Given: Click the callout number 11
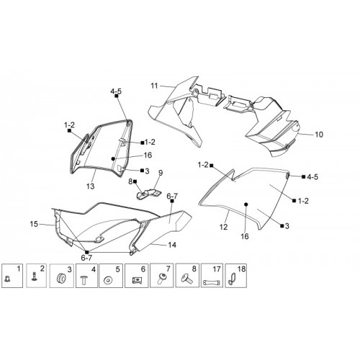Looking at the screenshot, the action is pyautogui.click(x=154, y=86).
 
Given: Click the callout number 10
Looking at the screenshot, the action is pyautogui.click(x=319, y=135).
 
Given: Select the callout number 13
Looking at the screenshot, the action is pyautogui.click(x=90, y=186).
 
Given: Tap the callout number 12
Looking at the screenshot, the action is pyautogui.click(x=223, y=227).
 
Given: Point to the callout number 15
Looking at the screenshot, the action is pyautogui.click(x=34, y=224).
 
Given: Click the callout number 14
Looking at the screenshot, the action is pyautogui.click(x=172, y=245).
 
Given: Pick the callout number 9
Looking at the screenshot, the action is pyautogui.click(x=161, y=173).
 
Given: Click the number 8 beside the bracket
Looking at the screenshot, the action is pyautogui.click(x=130, y=181).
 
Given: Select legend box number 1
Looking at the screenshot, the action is pyautogui.click(x=12, y=276).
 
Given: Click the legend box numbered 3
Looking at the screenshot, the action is pyautogui.click(x=61, y=276).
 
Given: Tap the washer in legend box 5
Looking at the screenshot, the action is pyautogui.click(x=107, y=280).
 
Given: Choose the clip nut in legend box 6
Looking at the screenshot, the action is pyautogui.click(x=137, y=280).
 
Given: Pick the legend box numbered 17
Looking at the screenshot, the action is pyautogui.click(x=212, y=276).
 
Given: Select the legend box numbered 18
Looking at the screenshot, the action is pyautogui.click(x=236, y=276).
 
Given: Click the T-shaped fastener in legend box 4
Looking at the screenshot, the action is pyautogui.click(x=83, y=280).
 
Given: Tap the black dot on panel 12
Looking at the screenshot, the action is pyautogui.click(x=246, y=204).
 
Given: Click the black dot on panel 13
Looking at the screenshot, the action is pyautogui.click(x=113, y=158).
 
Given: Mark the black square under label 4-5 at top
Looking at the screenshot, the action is pyautogui.click(x=117, y=96).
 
